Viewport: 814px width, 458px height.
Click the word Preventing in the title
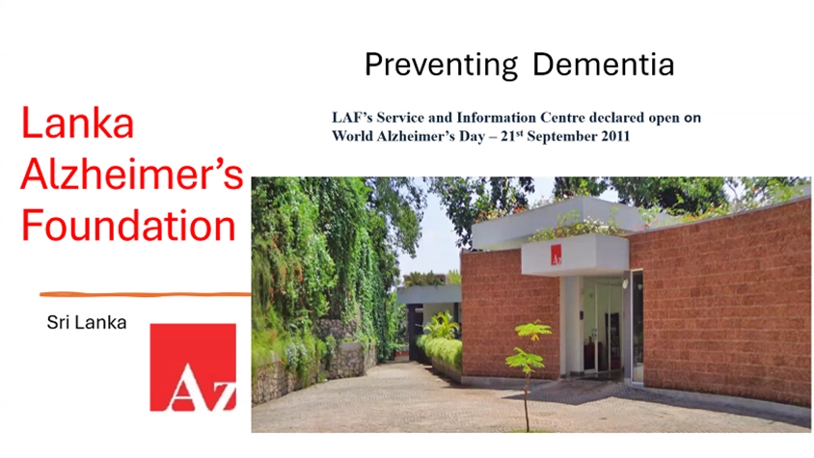coord(441,66)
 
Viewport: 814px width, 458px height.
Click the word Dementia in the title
coord(603,64)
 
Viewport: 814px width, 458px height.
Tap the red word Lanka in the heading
coord(77,123)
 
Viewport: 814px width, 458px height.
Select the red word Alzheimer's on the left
coord(132,174)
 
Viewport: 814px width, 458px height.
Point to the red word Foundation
coord(128,225)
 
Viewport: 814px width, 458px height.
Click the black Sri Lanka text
coord(87,322)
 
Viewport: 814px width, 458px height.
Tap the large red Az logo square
coord(193,367)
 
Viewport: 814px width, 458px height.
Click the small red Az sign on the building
coord(556,255)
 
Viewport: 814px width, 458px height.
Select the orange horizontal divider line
coord(146,294)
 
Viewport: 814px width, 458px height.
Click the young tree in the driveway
coord(528,375)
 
